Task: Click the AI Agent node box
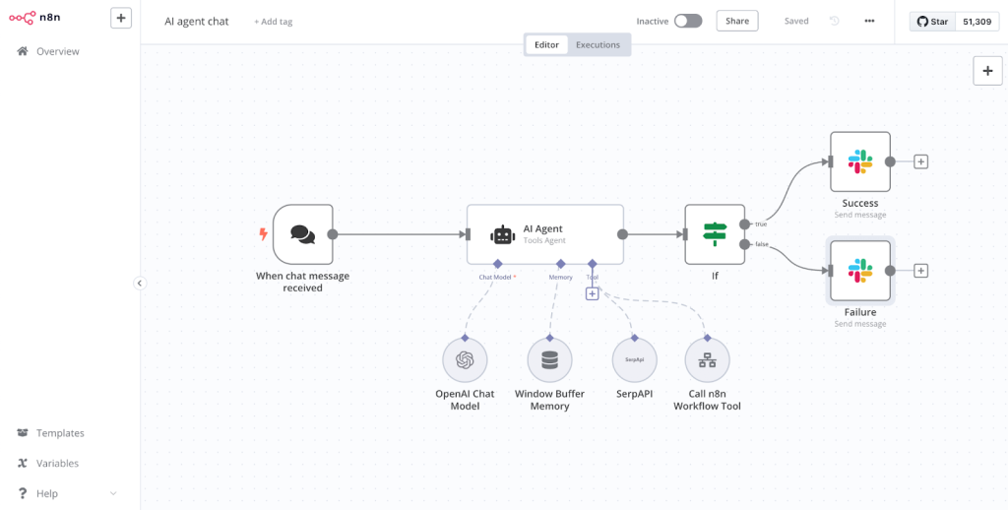click(x=544, y=234)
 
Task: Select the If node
click(x=715, y=234)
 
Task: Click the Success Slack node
click(x=859, y=161)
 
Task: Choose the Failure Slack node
click(x=859, y=271)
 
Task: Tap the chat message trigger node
click(x=303, y=234)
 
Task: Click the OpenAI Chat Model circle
click(x=465, y=360)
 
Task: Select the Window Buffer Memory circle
click(x=549, y=360)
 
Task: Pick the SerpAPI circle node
click(x=634, y=360)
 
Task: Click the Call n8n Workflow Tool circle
click(x=707, y=360)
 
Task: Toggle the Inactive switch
click(x=687, y=21)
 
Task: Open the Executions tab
click(x=598, y=45)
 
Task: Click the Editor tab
click(x=546, y=45)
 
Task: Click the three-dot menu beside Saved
click(x=869, y=21)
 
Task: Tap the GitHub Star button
click(x=933, y=21)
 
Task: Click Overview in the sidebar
click(x=57, y=51)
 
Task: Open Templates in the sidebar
click(x=60, y=433)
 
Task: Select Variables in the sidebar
click(x=57, y=464)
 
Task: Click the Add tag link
click(x=273, y=22)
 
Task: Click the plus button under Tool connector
click(x=592, y=293)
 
